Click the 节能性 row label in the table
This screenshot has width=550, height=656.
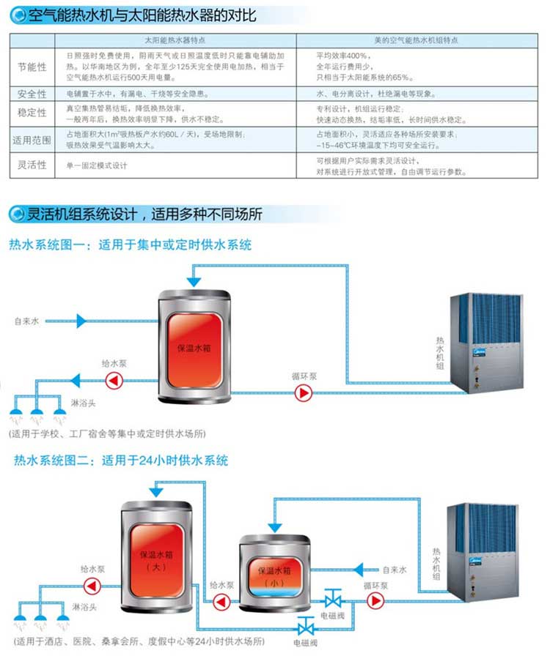click(32, 67)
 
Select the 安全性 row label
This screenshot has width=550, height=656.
click(32, 94)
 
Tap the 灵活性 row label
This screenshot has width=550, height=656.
click(32, 165)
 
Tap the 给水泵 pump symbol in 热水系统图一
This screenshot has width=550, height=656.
click(114, 379)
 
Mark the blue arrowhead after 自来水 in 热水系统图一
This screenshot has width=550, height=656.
click(81, 320)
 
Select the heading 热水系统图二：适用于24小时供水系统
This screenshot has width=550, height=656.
click(121, 461)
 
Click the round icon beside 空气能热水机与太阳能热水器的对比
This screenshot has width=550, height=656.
click(16, 12)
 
